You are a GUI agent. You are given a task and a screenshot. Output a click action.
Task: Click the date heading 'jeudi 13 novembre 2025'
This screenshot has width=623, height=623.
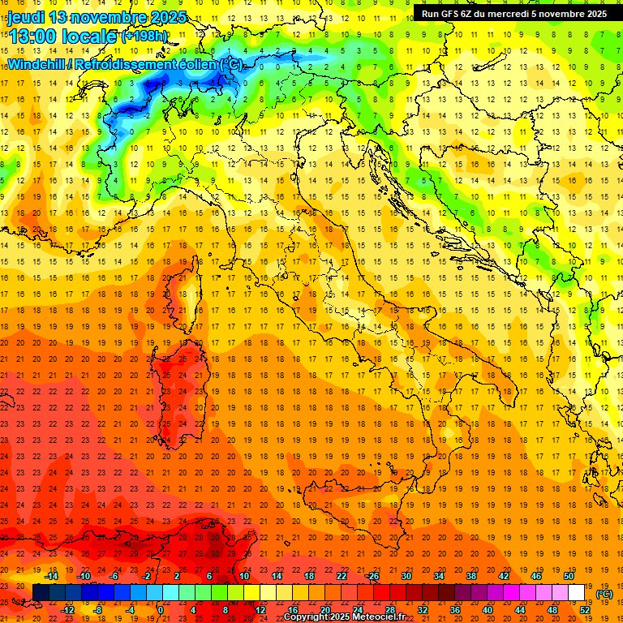[97, 17]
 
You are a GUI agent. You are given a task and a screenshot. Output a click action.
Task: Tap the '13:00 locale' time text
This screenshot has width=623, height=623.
[63, 36]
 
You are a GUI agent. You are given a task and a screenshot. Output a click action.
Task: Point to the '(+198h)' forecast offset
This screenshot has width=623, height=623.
[144, 37]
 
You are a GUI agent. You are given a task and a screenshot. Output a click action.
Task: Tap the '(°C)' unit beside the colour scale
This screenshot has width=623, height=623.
[604, 594]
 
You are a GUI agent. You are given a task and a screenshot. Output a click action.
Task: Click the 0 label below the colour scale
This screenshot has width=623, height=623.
[161, 609]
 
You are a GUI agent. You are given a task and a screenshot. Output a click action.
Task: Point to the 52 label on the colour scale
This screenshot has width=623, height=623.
[586, 609]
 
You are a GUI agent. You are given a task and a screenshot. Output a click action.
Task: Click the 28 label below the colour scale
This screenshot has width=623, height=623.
[389, 609]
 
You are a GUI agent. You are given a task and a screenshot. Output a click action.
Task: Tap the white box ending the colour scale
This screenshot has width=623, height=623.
[577, 592]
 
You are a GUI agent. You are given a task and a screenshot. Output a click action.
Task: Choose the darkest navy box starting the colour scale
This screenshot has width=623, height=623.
[41, 592]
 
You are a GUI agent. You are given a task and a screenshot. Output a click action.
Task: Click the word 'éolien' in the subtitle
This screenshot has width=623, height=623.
[189, 64]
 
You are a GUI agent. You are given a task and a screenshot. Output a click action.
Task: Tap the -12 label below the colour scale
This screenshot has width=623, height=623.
[68, 609]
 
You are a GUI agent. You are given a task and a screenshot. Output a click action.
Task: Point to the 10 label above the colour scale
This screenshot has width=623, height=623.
[243, 576]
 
